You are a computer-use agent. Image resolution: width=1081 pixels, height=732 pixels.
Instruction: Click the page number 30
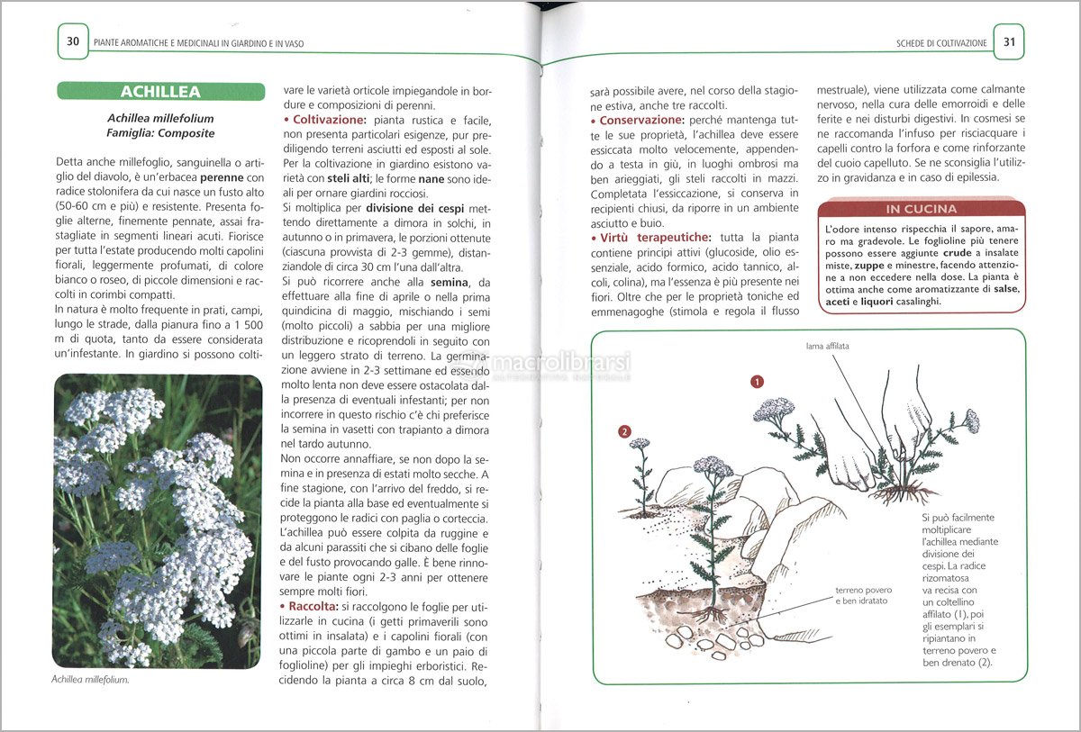(x=73, y=41)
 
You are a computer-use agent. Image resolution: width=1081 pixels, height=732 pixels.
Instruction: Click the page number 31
(x=1009, y=41)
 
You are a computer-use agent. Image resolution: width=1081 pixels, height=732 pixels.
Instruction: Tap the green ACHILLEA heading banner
(x=160, y=92)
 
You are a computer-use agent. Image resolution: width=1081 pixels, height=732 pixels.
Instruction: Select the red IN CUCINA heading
(x=921, y=209)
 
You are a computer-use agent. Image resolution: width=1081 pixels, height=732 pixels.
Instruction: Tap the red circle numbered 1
(x=758, y=381)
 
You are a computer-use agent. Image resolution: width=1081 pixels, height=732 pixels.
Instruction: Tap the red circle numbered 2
(x=624, y=432)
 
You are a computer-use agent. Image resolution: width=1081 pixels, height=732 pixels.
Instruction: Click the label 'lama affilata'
(x=827, y=346)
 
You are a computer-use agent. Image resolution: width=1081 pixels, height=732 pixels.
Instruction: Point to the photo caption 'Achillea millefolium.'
(x=90, y=680)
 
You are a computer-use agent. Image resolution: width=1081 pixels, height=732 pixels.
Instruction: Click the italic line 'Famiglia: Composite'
(x=160, y=133)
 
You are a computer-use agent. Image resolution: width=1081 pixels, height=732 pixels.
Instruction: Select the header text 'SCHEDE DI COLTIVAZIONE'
(x=941, y=42)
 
